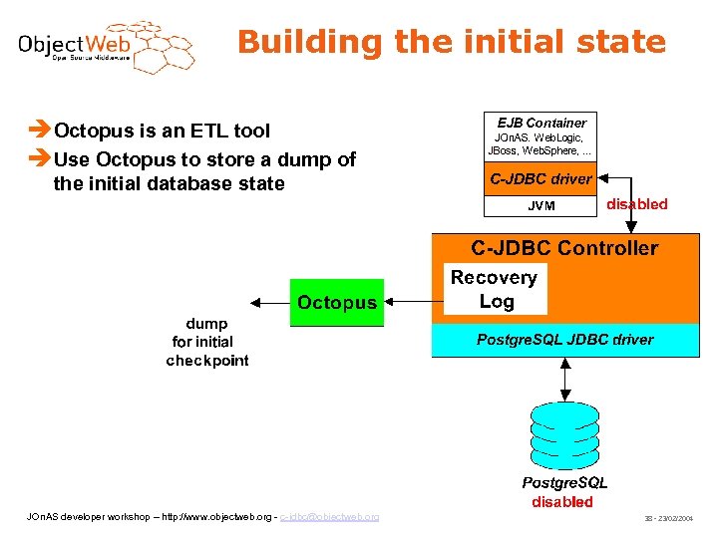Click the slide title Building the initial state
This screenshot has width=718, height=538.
click(x=451, y=42)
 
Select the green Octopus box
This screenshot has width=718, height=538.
click(x=337, y=302)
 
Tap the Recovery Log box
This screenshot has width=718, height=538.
click(x=495, y=289)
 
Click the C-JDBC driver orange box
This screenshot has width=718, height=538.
click(x=540, y=179)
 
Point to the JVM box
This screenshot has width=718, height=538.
click(x=540, y=206)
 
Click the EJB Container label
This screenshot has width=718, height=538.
click(x=541, y=123)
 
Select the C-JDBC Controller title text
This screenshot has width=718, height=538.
click(x=564, y=248)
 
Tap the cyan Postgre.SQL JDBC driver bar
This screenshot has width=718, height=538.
click(x=564, y=340)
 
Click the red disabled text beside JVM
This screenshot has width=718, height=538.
click(x=637, y=204)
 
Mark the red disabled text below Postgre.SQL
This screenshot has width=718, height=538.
click(x=562, y=502)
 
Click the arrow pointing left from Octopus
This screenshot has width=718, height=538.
click(x=268, y=302)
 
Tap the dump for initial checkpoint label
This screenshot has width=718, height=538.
click(x=207, y=342)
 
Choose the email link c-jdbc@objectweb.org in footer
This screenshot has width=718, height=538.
click(x=329, y=516)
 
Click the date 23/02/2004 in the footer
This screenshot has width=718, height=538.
click(x=680, y=519)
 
